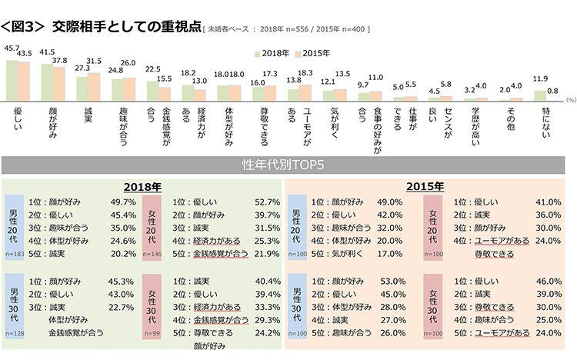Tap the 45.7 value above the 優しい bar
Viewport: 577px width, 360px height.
pos(12,48)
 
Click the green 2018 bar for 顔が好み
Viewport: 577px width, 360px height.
pos(47,82)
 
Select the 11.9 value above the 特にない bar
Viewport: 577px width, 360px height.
pos(541,78)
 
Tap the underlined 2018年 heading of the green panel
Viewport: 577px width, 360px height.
pos(142,186)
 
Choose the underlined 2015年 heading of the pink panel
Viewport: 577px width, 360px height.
pos(425,186)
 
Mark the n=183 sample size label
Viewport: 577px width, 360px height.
pos(15,252)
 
